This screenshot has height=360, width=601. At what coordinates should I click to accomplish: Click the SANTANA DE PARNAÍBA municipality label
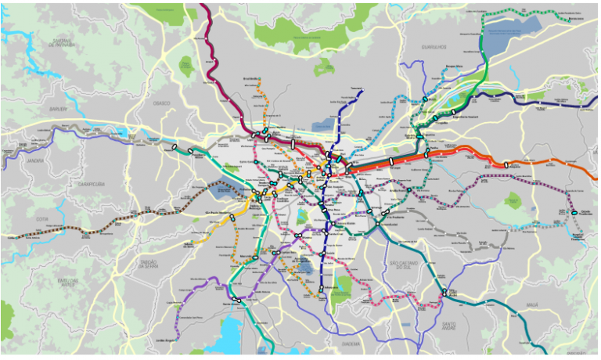62,43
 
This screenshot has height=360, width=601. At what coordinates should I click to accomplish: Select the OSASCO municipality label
162,103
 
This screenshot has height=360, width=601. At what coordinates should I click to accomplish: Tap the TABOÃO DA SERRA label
147,264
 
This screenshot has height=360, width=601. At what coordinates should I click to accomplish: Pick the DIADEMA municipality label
351,344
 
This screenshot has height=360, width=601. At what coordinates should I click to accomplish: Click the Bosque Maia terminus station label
455,67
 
